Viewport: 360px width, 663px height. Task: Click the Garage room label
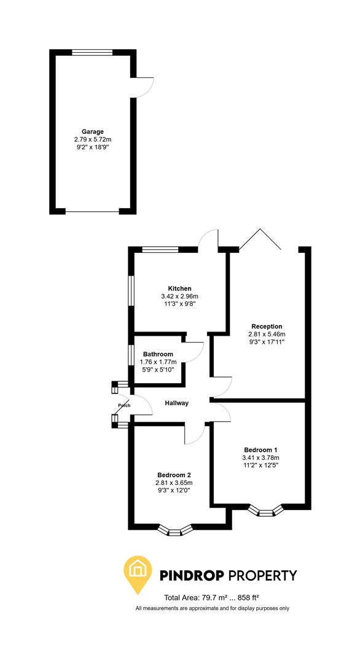(93, 131)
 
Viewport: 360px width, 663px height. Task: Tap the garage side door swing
(144, 87)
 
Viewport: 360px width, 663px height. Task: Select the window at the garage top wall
(92, 53)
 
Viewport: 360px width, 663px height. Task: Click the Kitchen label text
(180, 289)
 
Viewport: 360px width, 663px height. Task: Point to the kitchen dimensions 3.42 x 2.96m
(180, 297)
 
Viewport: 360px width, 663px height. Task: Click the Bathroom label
(158, 354)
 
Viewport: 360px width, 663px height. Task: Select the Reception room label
(267, 327)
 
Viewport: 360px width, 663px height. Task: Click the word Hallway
(176, 403)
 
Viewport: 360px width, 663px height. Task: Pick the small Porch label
(124, 406)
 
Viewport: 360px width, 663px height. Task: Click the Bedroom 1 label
(260, 449)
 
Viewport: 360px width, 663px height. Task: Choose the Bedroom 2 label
(174, 475)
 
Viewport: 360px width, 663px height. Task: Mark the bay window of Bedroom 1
(265, 510)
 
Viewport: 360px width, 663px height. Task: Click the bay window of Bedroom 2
(175, 530)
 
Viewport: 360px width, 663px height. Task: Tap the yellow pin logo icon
(139, 573)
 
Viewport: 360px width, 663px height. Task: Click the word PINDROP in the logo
(192, 576)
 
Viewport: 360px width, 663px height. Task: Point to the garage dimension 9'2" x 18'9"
(93, 147)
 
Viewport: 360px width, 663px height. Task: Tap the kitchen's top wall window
(160, 249)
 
